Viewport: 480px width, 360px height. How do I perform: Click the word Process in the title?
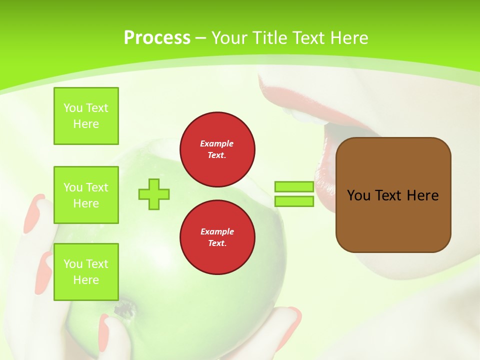pyautogui.click(x=157, y=38)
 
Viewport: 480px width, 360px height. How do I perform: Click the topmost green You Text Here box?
pyautogui.click(x=86, y=116)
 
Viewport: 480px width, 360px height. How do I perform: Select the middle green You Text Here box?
pyautogui.click(x=86, y=195)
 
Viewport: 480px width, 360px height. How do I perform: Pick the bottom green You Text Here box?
pyautogui.click(x=86, y=271)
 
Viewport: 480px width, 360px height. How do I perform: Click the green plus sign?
pyautogui.click(x=154, y=194)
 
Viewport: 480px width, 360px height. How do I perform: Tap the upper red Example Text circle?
pyautogui.click(x=217, y=149)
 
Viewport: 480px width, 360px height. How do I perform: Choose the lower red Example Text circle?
pyautogui.click(x=217, y=237)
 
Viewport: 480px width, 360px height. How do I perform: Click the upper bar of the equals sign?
pyautogui.click(x=294, y=187)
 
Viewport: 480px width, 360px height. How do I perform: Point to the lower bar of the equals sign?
pyautogui.click(x=294, y=201)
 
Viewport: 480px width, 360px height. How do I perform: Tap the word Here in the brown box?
pyautogui.click(x=422, y=195)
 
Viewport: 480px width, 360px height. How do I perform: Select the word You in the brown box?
pyautogui.click(x=358, y=195)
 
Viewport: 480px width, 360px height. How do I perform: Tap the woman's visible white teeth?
pyautogui.click(x=305, y=115)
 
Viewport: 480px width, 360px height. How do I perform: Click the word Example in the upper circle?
pyautogui.click(x=217, y=143)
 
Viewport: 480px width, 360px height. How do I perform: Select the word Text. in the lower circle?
pyautogui.click(x=217, y=243)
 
